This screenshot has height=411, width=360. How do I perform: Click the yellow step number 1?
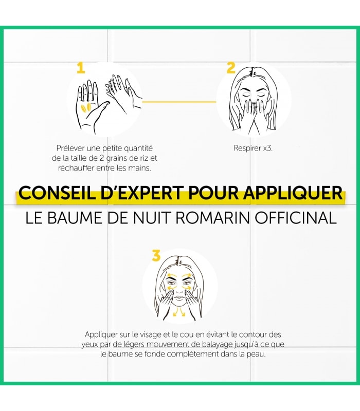pyautogui.click(x=81, y=68)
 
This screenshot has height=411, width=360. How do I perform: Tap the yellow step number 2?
pyautogui.click(x=231, y=68)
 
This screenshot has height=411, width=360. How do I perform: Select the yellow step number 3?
pyautogui.click(x=156, y=255)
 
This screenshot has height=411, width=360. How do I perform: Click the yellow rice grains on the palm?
pyautogui.click(x=86, y=107)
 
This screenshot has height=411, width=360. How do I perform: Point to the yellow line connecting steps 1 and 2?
pyautogui.click(x=179, y=102)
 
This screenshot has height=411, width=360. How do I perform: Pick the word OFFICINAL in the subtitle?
pyautogui.click(x=296, y=218)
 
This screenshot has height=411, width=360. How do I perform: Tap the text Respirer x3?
pyautogui.click(x=253, y=148)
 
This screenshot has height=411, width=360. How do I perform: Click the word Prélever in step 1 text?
pyautogui.click(x=70, y=148)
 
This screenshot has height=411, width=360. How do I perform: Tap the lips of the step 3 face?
pyautogui.click(x=179, y=298)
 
